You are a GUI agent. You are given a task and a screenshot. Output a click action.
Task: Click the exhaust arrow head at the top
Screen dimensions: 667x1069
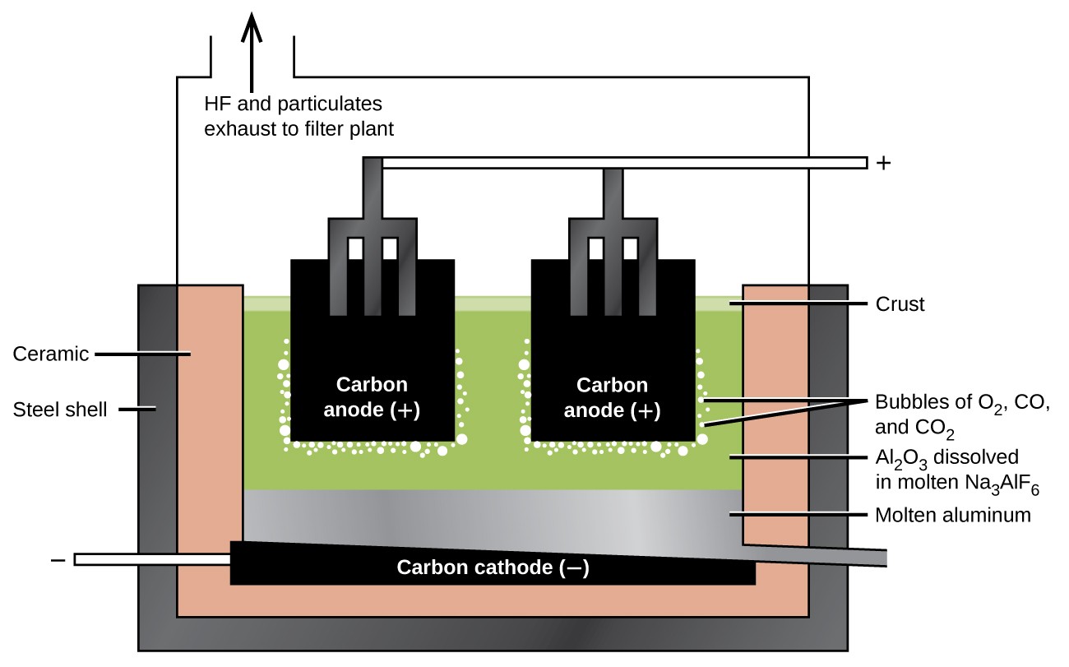coord(252,25)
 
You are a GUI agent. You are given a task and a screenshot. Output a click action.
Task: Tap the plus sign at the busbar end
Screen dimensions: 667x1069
coord(884,163)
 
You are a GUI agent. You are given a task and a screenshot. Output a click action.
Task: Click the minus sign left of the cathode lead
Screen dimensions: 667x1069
coord(58,560)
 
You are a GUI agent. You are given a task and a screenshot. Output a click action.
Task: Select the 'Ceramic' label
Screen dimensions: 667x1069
coord(51,354)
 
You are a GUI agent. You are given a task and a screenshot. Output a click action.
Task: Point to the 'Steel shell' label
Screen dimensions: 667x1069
coord(60,409)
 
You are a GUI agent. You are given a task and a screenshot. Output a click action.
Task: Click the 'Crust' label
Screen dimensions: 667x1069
coord(900,304)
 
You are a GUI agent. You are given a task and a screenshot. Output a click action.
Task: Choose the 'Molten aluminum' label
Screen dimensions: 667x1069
coord(951,516)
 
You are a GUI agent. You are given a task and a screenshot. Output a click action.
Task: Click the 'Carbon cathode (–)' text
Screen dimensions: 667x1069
coord(493,567)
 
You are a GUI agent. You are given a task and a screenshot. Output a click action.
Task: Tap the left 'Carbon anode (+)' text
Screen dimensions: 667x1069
coord(372,397)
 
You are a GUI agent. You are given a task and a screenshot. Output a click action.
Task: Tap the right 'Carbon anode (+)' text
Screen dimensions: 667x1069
coord(612,397)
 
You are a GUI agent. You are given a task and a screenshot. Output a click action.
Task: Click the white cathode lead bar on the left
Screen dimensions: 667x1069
coord(152,559)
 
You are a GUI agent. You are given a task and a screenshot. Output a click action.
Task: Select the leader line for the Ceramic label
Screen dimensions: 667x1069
coord(144,354)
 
